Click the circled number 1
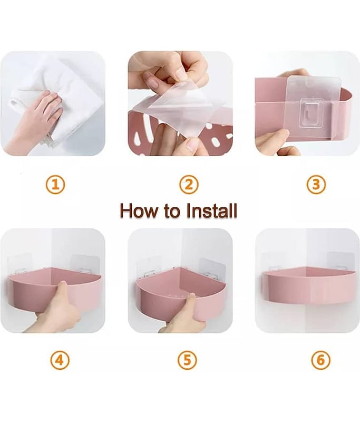(x=55, y=185)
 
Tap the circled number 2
(x=189, y=185)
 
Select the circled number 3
(x=316, y=185)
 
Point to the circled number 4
(x=60, y=360)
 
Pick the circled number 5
(x=187, y=360)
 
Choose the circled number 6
(x=321, y=360)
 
